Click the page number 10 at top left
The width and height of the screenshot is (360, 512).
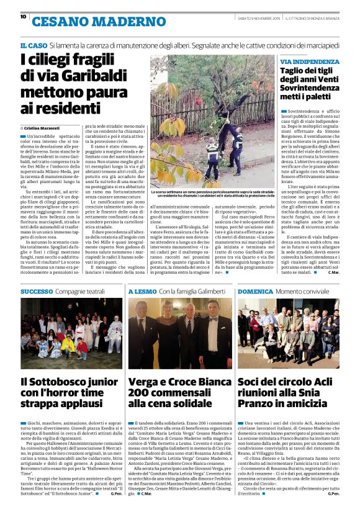(23, 17)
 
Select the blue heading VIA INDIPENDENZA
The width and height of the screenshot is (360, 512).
(309, 62)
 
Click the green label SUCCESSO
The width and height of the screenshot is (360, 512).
(37, 291)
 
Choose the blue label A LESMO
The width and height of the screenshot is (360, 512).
(142, 291)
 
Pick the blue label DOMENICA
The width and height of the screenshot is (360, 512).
(254, 291)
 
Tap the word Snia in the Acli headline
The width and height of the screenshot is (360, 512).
(326, 393)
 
